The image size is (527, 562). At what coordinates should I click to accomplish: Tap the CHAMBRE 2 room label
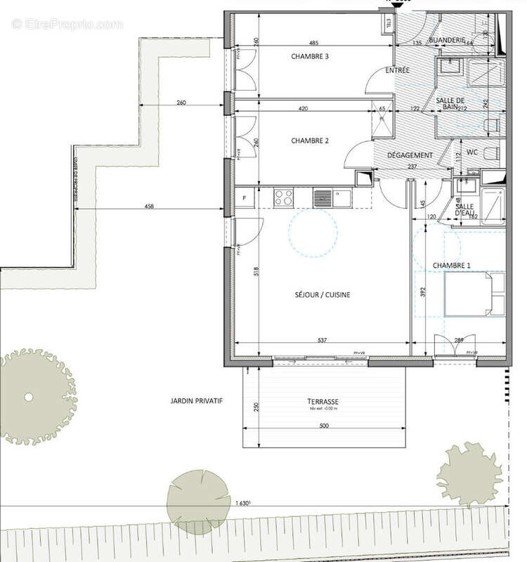(310, 141)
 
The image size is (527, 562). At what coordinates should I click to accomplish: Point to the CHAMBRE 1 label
(452, 265)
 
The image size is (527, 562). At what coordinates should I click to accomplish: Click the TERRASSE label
(324, 403)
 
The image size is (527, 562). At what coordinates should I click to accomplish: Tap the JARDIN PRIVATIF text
(196, 400)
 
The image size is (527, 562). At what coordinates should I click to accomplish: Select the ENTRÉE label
(398, 71)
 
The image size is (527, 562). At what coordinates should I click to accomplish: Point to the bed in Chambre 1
(473, 294)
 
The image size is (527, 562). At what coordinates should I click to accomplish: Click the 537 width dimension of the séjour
(322, 341)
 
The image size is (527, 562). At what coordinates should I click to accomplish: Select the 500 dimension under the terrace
(324, 426)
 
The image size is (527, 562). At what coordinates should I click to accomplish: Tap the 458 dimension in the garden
(150, 207)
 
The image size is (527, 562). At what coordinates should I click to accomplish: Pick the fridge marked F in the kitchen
(244, 197)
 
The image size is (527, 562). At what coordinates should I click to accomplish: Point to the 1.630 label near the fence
(242, 503)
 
